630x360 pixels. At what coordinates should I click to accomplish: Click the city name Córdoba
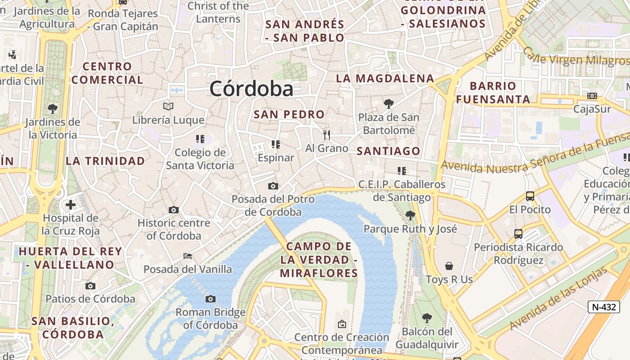[251, 89]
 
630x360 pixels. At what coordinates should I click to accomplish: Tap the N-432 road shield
[603, 307]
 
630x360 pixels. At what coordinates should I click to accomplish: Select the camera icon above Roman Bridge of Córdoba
[210, 299]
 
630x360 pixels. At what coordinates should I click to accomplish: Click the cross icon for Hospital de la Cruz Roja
[70, 205]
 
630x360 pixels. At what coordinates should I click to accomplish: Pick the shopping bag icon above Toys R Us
[449, 266]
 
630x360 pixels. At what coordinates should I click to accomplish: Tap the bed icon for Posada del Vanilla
[188, 256]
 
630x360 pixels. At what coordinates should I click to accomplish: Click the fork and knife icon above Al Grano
[327, 135]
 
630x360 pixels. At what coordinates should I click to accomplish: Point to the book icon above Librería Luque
[168, 107]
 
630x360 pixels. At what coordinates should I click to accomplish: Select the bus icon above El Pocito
[530, 196]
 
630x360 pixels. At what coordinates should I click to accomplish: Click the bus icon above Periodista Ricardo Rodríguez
[518, 234]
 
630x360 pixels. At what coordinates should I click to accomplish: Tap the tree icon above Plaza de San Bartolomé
[388, 104]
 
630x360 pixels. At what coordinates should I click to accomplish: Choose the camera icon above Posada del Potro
[273, 186]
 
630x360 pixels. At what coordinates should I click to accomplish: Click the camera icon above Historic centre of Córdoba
[173, 210]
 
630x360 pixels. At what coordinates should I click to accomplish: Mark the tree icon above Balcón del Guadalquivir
[427, 318]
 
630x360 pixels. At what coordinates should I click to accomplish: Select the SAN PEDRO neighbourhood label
[289, 114]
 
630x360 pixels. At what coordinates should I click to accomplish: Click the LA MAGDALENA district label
[385, 78]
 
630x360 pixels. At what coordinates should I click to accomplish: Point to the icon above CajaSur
[592, 96]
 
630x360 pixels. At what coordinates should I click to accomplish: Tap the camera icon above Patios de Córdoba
[90, 286]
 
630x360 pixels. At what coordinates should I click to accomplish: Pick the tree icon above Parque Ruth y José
[410, 215]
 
